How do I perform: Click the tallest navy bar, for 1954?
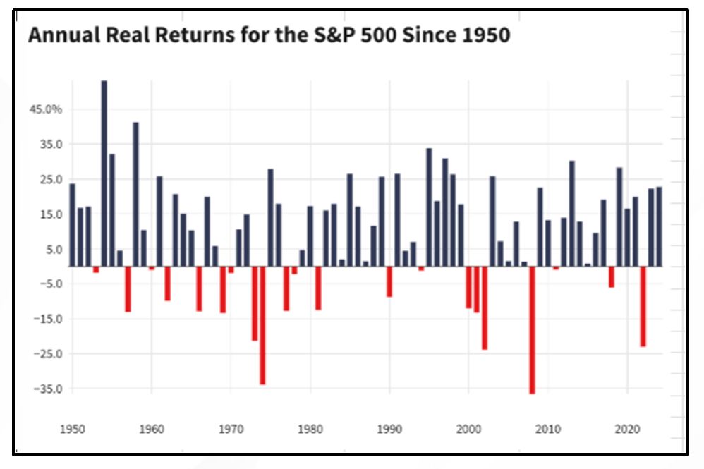click(x=104, y=173)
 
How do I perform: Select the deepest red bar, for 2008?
click(x=532, y=329)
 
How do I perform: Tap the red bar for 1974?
click(x=262, y=325)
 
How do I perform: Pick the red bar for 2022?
click(x=643, y=306)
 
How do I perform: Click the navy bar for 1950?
click(x=73, y=224)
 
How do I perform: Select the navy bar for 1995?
click(x=429, y=207)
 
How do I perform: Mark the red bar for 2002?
click(x=485, y=307)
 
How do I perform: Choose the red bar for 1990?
click(x=389, y=281)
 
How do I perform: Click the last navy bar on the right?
click(x=659, y=226)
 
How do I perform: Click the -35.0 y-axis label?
click(x=48, y=389)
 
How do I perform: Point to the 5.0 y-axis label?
click(x=52, y=250)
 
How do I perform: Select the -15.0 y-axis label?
click(x=48, y=319)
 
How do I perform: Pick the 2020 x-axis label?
click(x=627, y=428)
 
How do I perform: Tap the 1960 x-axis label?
click(x=151, y=428)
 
